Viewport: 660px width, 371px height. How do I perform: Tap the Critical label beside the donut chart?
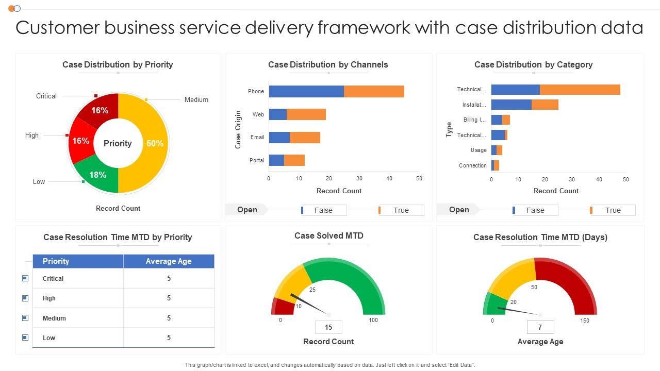pos(46,96)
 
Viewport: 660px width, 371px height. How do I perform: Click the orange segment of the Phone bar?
pos(374,91)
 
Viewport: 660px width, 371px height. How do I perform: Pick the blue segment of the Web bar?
pos(277,114)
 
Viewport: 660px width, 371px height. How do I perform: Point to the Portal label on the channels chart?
pos(257,160)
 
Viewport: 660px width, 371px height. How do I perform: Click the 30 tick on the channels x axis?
pos(359,178)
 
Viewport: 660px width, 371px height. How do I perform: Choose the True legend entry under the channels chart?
pos(401,210)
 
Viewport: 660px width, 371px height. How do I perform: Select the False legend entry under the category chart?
pos(535,210)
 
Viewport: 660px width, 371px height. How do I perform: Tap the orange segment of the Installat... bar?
pos(544,105)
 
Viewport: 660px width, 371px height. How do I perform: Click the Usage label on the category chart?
pos(478,150)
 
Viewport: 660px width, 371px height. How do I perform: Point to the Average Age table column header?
pos(169,261)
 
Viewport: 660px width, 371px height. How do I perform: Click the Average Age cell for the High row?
pos(169,298)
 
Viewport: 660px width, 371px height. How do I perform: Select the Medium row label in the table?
pos(54,318)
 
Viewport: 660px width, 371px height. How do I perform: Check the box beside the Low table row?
pos(25,338)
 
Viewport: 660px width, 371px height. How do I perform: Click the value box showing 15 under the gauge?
pos(328,327)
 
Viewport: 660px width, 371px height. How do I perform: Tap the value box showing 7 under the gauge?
pos(540,327)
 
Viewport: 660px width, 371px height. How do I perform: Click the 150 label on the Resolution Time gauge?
pos(585,321)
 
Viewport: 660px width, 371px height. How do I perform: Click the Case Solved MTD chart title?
pos(328,235)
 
